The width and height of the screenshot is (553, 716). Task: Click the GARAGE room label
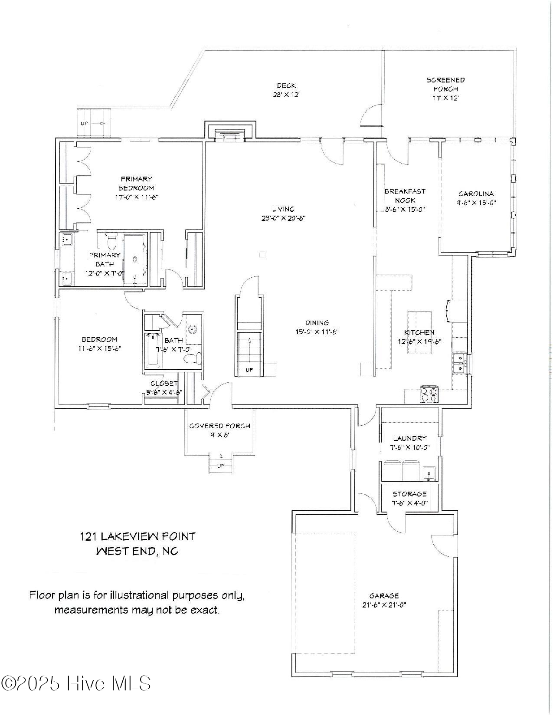[x=384, y=596]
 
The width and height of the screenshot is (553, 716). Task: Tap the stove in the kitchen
[x=429, y=394]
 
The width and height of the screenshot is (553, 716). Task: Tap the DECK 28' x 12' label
[x=286, y=90]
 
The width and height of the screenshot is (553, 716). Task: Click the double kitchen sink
[x=459, y=363]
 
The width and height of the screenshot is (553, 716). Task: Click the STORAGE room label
[x=409, y=494]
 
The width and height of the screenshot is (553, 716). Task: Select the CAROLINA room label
[x=476, y=194]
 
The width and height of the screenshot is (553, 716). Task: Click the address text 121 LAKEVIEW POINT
[x=137, y=536]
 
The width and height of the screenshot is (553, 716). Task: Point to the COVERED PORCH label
[x=219, y=426]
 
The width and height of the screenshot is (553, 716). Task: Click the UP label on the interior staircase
[x=249, y=370]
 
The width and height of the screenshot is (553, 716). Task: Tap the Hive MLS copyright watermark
[x=76, y=683]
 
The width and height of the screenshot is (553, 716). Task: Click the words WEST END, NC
[x=137, y=551]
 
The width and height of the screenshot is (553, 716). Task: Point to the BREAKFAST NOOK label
[x=405, y=195]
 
